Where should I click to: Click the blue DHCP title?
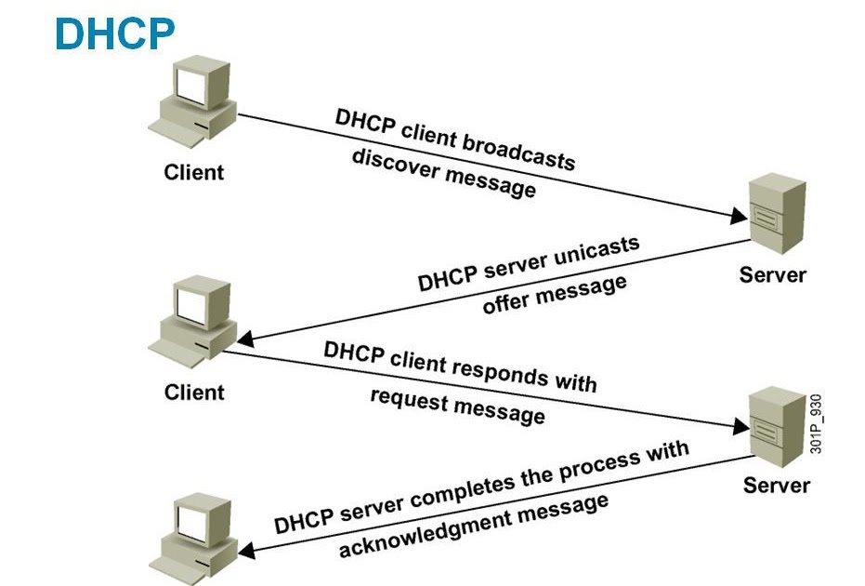tap(113, 34)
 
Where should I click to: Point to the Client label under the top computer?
tap(194, 172)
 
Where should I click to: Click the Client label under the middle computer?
tap(194, 392)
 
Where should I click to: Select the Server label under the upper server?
tap(773, 275)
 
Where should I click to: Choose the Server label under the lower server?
tap(777, 486)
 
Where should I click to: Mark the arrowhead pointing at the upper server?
tap(738, 217)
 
